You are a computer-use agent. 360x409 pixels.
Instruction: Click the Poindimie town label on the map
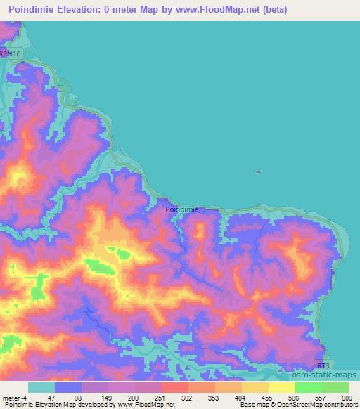pos(181,209)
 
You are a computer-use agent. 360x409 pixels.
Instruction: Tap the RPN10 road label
pos(10,53)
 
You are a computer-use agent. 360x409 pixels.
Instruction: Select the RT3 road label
pos(323,366)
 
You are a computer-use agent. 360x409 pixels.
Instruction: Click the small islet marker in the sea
pos(259,171)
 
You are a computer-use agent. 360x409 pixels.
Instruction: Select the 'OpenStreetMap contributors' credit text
pos(319,404)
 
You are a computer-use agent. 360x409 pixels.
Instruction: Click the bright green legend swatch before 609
pos(335,387)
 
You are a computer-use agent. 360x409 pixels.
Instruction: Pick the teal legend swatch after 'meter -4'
pos(41,387)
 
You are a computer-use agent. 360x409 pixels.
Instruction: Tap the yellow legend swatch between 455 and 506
pos(282,387)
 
